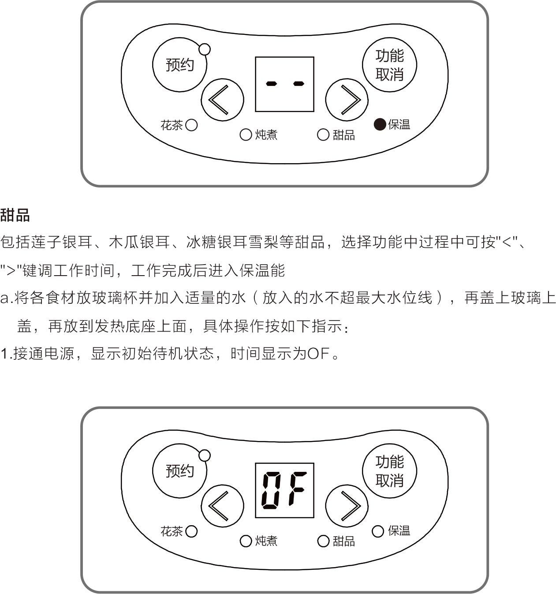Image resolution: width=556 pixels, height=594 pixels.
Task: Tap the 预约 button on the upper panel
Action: (x=179, y=65)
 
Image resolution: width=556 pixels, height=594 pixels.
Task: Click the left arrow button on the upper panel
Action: (x=222, y=100)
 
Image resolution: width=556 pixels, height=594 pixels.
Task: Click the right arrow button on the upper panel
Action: (x=347, y=100)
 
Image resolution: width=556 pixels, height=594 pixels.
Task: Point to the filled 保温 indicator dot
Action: (x=380, y=125)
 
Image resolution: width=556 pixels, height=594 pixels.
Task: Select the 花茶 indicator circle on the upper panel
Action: (x=191, y=125)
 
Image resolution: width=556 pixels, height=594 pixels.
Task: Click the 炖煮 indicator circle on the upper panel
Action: (x=246, y=134)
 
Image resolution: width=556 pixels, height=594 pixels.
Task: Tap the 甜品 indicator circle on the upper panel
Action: (x=323, y=134)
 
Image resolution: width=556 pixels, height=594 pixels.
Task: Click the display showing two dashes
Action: (x=284, y=84)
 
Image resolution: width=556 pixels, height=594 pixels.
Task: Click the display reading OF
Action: (x=284, y=490)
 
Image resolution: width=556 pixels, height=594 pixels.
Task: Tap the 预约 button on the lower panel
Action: (x=179, y=471)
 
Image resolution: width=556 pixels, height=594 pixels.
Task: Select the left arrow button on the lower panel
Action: (x=222, y=506)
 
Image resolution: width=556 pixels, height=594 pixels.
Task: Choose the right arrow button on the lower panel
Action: (x=347, y=506)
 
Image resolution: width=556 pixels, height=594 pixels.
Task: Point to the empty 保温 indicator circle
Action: (x=378, y=531)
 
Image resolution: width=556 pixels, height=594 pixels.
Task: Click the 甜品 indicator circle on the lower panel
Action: (x=323, y=541)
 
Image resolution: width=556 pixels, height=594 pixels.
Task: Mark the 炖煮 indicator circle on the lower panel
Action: (x=246, y=541)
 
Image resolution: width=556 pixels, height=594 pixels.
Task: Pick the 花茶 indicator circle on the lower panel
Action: (x=191, y=531)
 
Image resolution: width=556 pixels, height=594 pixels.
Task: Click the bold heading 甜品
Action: (x=15, y=215)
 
